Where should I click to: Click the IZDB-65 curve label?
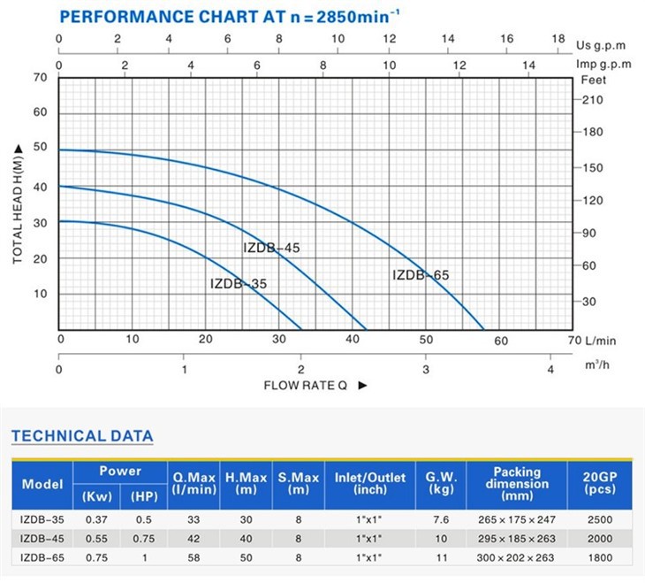[421, 275]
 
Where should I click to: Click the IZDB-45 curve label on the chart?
[271, 248]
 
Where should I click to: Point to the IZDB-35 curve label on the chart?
[239, 284]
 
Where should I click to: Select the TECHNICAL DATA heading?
[82, 436]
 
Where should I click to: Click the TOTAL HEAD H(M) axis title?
[18, 204]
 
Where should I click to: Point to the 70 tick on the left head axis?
[41, 78]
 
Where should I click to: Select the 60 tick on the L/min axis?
[501, 341]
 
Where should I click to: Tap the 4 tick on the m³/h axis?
[549, 369]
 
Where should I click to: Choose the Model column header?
[42, 485]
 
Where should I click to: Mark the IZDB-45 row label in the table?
[42, 539]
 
